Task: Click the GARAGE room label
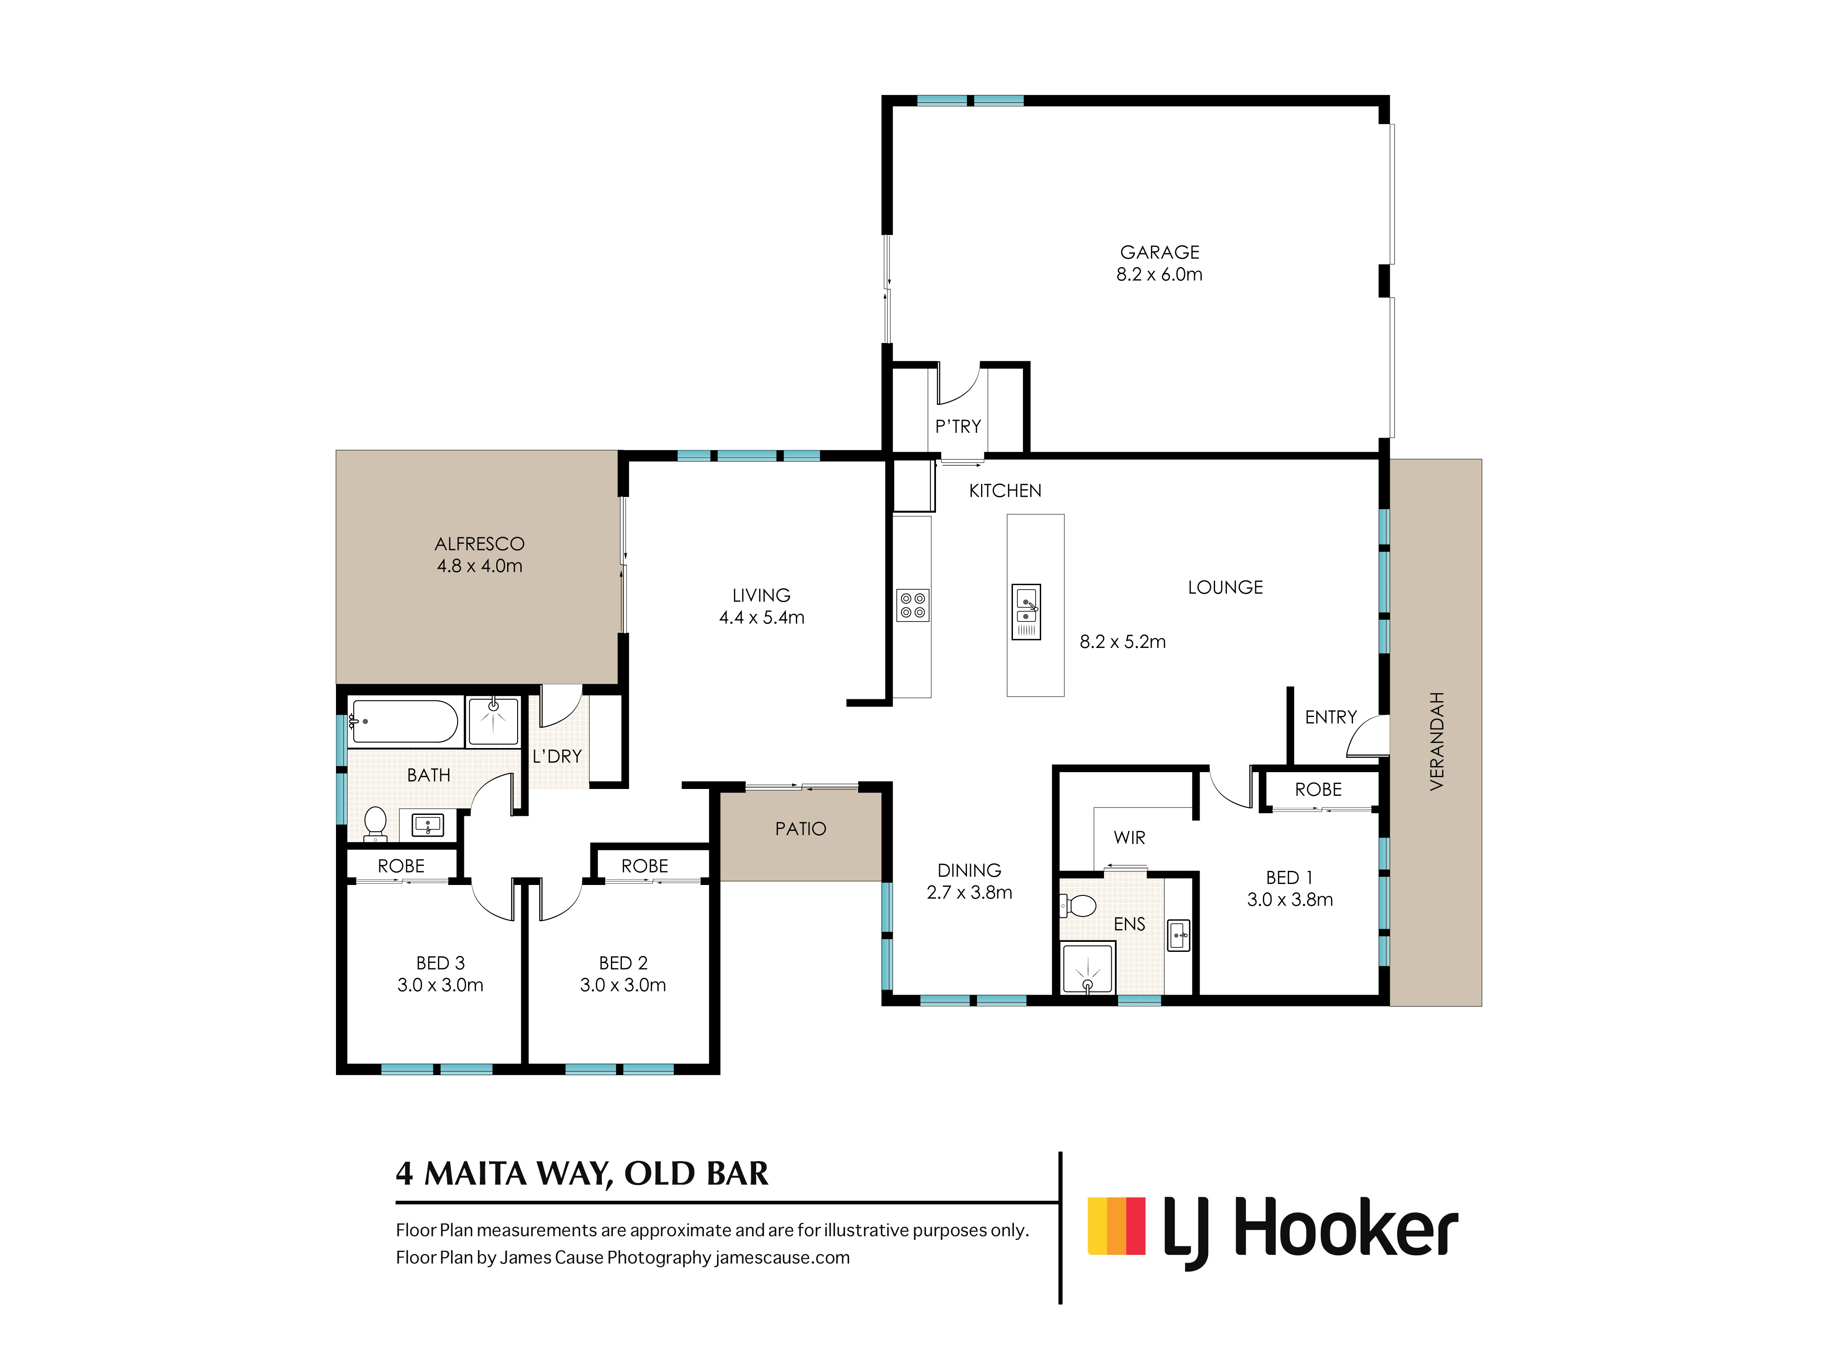click(1159, 252)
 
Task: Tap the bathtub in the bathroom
click(403, 722)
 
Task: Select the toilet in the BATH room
click(376, 823)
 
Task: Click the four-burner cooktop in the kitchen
click(912, 606)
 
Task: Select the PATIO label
click(800, 829)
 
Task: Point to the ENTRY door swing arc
click(1367, 735)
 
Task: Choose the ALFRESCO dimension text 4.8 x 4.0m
click(479, 566)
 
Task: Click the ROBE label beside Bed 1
click(1318, 790)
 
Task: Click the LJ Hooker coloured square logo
click(1116, 1225)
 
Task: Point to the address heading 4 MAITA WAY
click(581, 1173)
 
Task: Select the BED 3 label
click(440, 963)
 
